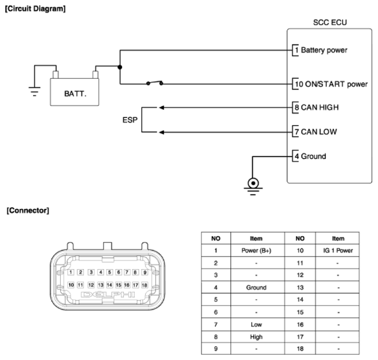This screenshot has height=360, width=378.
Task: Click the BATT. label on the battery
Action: pos(75,94)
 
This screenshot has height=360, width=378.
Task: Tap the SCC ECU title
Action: pos(330,23)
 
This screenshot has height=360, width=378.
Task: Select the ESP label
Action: pos(130,120)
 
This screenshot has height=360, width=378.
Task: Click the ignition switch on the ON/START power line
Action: pos(155,83)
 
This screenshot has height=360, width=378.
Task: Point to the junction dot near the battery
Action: pos(120,67)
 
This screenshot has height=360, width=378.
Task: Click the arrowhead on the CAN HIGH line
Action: pos(162,108)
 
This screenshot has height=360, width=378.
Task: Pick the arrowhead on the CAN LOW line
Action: pos(162,133)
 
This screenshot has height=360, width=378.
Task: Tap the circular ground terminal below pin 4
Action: pos(253,183)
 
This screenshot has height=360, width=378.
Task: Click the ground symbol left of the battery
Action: pos(35,91)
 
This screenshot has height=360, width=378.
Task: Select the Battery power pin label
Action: pos(324,50)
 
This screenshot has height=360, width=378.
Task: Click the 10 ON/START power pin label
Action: pos(331,84)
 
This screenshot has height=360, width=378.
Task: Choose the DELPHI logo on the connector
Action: pos(108,295)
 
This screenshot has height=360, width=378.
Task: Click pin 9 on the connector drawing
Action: pos(145,272)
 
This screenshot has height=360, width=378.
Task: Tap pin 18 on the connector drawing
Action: pos(144,285)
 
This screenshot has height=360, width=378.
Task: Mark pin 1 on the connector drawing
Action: pos(71,272)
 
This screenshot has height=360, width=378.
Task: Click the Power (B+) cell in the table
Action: pos(256,251)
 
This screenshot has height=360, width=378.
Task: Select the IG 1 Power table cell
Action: pos(338,251)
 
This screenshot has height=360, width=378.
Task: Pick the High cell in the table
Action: pos(256,337)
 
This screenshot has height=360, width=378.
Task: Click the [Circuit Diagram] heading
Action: pos(35,9)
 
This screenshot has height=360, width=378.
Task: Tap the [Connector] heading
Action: pos(28,210)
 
